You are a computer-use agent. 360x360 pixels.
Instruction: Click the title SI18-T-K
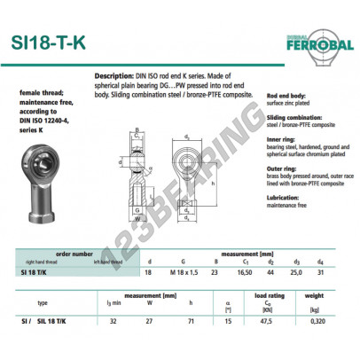[55, 44]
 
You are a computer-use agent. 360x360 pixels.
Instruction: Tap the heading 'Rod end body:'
[286, 95]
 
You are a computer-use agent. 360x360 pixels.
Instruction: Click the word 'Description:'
[113, 77]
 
